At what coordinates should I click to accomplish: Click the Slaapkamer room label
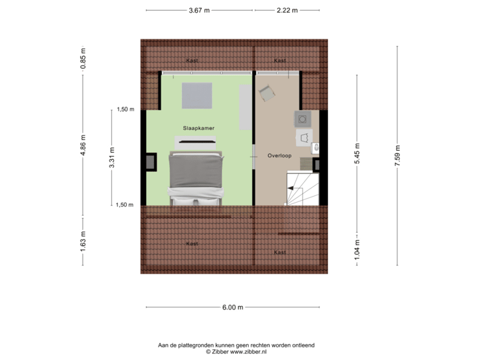[x=199, y=127]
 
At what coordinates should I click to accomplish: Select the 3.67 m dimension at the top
[x=199, y=10]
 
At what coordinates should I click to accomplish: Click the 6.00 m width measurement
[x=233, y=307]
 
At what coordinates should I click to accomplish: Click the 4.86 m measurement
[x=82, y=145]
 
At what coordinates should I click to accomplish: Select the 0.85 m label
[x=82, y=59]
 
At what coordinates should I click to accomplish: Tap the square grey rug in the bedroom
[x=197, y=95]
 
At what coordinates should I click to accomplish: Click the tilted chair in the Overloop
[x=267, y=95]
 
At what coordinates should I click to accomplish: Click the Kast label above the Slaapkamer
[x=192, y=61]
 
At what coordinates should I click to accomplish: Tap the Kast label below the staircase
[x=280, y=253]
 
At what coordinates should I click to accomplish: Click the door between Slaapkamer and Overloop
[x=253, y=157]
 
